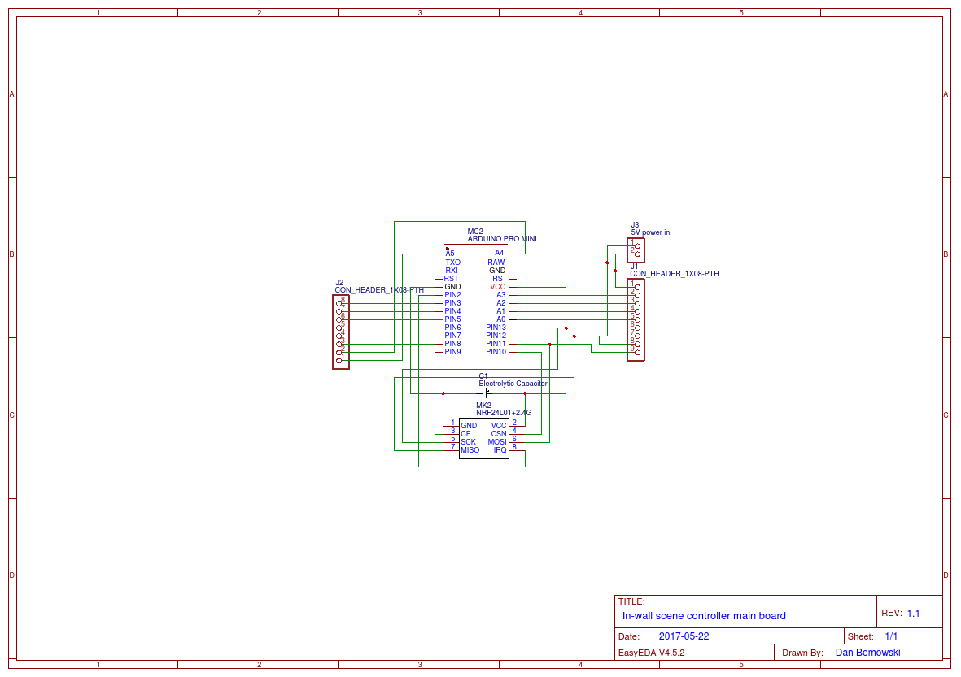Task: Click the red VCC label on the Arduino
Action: (497, 287)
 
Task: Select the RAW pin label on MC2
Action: (496, 263)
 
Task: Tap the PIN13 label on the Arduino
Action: (496, 328)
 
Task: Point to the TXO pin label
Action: (452, 263)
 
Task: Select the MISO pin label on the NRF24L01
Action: (470, 450)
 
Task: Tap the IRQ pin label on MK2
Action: (500, 450)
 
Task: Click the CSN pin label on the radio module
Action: (498, 434)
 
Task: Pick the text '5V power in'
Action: (650, 232)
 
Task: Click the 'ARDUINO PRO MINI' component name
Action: (501, 239)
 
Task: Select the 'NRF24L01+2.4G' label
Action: (504, 413)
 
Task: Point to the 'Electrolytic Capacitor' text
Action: (513, 383)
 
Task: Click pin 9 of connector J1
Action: (637, 352)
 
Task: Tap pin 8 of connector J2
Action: (339, 302)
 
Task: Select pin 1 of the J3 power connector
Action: (637, 245)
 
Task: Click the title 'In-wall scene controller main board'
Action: (704, 616)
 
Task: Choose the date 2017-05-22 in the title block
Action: (684, 636)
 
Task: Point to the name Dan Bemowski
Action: (867, 653)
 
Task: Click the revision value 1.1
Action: (913, 614)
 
